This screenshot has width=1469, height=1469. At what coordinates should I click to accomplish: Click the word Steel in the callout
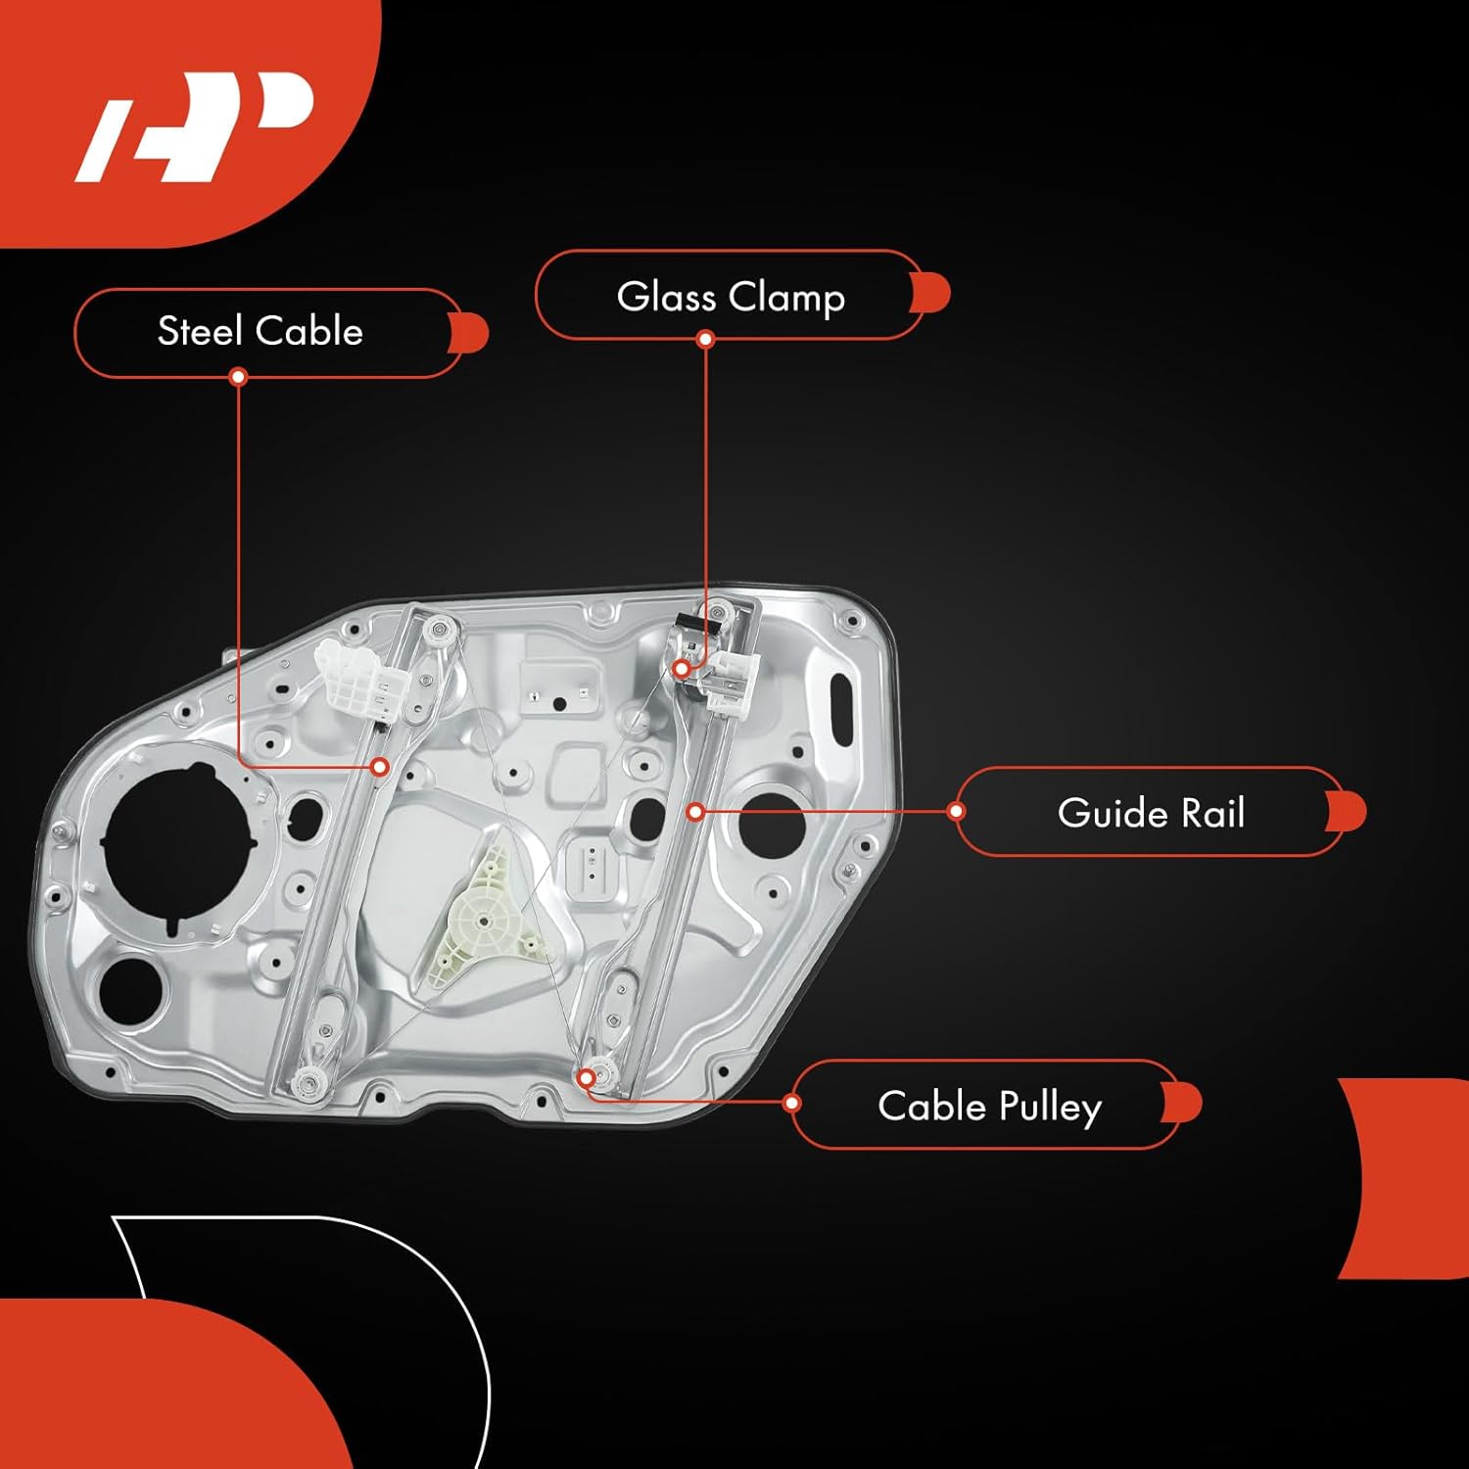coord(200,332)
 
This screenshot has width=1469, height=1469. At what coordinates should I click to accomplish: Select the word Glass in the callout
coord(666,296)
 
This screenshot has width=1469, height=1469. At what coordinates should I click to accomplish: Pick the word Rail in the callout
coord(1213,813)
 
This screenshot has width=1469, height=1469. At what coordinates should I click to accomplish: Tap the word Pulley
coord(1050,1107)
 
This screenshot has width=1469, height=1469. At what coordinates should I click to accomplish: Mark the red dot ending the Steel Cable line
coord(380,767)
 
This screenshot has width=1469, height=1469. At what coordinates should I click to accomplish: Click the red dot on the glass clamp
coord(681,669)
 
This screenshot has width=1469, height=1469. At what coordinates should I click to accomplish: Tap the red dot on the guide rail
coord(695,811)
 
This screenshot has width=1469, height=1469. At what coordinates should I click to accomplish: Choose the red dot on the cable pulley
coord(587,1078)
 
